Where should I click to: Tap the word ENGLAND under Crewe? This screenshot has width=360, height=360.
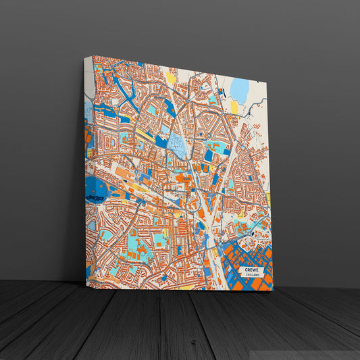tap(253, 276)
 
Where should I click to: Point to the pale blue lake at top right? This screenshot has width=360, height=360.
tap(240, 90)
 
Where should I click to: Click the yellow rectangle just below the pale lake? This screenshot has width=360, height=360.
tap(234, 107)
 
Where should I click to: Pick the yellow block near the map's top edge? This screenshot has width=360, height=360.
tap(171, 78)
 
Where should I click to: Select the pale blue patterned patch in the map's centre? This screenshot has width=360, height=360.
tap(177, 143)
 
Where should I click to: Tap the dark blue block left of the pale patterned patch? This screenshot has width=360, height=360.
tap(161, 142)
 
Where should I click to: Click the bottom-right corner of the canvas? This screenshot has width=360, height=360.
tap(272, 291)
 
